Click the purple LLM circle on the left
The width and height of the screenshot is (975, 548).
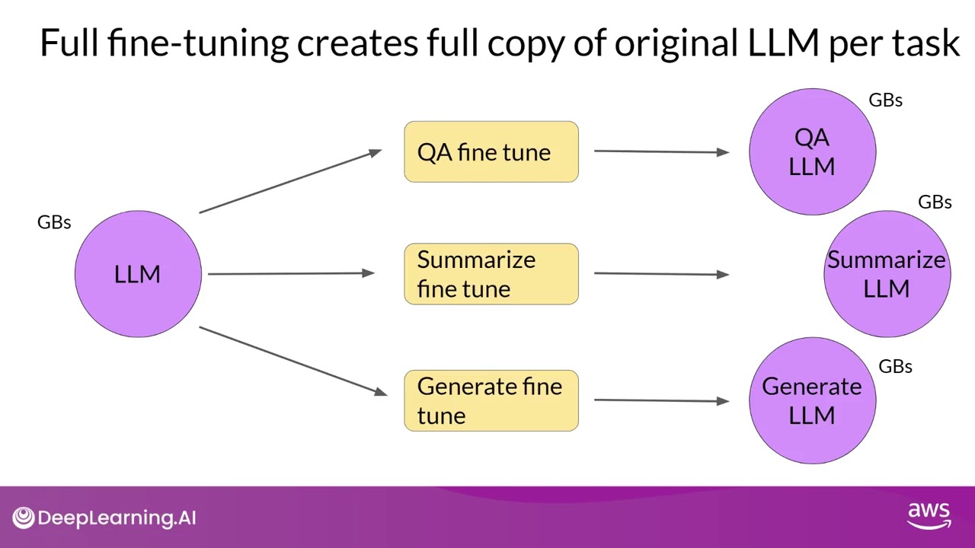[138, 274]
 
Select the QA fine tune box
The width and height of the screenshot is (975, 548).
[491, 152]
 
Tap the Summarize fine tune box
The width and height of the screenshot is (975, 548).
[491, 274]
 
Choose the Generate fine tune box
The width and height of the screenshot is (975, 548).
[491, 401]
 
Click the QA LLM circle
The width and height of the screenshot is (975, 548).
[812, 152]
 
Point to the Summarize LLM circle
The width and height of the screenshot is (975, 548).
[887, 274]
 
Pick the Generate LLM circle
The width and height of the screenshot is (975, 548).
[812, 401]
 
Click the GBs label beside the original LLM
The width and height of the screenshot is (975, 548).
[54, 222]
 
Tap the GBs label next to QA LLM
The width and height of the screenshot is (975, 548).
[885, 100]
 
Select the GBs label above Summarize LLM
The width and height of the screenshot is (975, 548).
[935, 202]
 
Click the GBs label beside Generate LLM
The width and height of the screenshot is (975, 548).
[895, 367]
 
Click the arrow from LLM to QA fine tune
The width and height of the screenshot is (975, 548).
[290, 181]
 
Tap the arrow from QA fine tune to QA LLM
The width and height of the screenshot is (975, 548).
[661, 151]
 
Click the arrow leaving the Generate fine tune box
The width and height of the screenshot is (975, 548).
[661, 400]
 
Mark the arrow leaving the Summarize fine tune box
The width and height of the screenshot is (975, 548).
[661, 273]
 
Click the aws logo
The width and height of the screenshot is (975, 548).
[929, 515]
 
